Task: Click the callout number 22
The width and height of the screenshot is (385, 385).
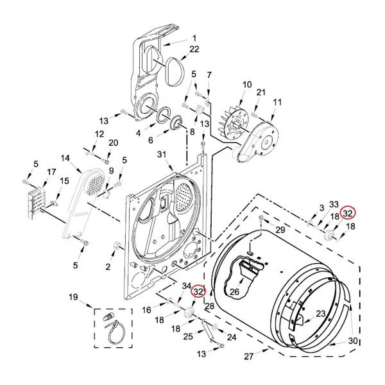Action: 194,49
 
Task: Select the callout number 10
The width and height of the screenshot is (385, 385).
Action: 247,85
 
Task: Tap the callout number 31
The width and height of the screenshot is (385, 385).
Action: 162,155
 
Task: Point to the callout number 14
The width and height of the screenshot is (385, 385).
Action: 65,158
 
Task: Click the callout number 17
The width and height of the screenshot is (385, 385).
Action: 51,172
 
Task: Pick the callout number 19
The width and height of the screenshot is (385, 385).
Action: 73,297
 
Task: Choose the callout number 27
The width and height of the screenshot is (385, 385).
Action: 248,356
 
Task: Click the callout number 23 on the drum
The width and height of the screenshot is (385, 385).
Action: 321,314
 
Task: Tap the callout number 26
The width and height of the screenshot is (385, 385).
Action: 234,291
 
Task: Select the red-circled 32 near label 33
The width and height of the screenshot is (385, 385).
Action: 348,214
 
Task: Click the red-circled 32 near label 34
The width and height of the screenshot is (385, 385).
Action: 199,291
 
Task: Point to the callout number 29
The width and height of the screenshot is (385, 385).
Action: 280,230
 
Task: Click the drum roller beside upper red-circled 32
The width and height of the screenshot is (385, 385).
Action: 329,235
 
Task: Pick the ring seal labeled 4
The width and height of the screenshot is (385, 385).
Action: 164,115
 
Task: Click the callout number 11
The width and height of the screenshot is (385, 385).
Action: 277,102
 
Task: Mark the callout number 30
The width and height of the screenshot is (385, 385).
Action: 353,341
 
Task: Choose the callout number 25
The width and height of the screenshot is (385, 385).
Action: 188,336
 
